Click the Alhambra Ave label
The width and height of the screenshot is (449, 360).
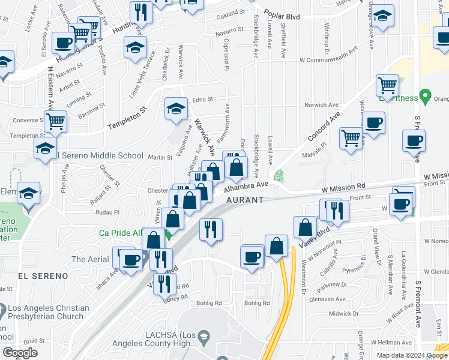point(246,187)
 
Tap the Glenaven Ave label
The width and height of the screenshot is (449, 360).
point(328,299)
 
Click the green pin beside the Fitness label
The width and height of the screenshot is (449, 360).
point(426,95)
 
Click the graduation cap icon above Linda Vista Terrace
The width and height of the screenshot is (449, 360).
point(136,47)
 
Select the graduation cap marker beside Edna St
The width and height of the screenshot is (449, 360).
point(176,108)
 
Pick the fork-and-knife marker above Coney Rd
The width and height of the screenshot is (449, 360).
point(164,283)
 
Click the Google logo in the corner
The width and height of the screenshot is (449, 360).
point(20,353)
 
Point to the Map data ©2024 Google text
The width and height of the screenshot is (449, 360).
point(412,355)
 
